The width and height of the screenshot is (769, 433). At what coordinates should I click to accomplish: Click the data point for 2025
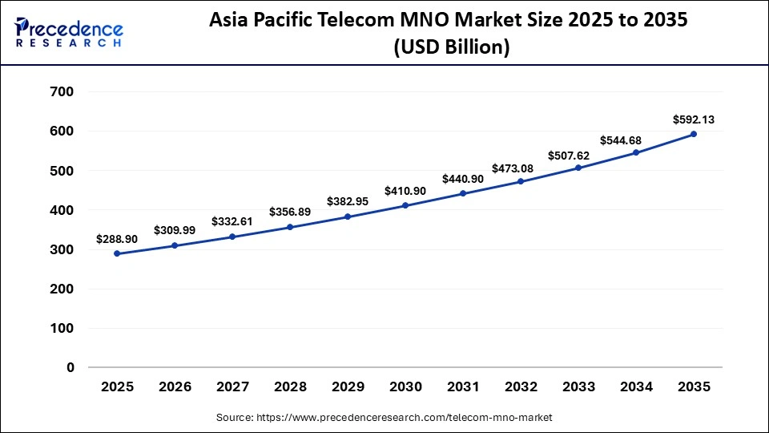117,253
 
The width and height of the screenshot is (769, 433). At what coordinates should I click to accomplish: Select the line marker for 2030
405,205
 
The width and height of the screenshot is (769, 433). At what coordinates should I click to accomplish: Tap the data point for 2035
694,134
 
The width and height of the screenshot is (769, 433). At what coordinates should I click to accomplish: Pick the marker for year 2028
290,227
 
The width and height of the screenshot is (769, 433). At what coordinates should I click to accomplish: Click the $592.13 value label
694,119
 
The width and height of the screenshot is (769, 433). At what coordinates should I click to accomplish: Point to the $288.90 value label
117,239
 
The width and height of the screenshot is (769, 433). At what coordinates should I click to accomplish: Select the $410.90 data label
405,191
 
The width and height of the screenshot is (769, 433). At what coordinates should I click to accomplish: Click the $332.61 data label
232,221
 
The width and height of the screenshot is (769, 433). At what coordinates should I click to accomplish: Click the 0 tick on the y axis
70,367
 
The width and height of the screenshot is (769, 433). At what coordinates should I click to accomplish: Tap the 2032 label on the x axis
521,387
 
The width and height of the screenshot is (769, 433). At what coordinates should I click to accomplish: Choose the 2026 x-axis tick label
175,387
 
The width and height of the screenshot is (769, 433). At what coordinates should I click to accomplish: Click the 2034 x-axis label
636,387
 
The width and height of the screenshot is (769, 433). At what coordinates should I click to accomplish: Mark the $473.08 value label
521,168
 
